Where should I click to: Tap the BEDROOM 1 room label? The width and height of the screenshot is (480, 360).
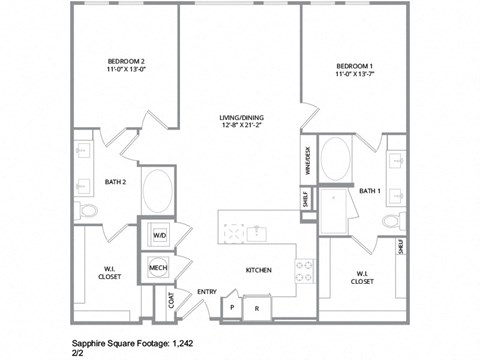point(356,66)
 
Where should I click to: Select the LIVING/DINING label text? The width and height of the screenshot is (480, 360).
point(241,118)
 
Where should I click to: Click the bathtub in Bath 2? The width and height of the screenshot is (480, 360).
point(158,190)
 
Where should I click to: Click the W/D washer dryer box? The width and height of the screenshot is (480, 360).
point(158,237)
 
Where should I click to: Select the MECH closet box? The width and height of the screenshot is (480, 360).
point(158,268)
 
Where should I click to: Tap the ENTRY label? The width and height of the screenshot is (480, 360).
point(206,292)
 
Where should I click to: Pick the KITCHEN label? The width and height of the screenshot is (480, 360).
point(259,270)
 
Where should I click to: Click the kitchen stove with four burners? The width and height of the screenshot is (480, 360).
point(303,267)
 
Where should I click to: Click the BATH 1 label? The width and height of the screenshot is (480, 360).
point(370,190)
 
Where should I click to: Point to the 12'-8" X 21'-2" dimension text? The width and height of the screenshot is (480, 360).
point(241,127)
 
